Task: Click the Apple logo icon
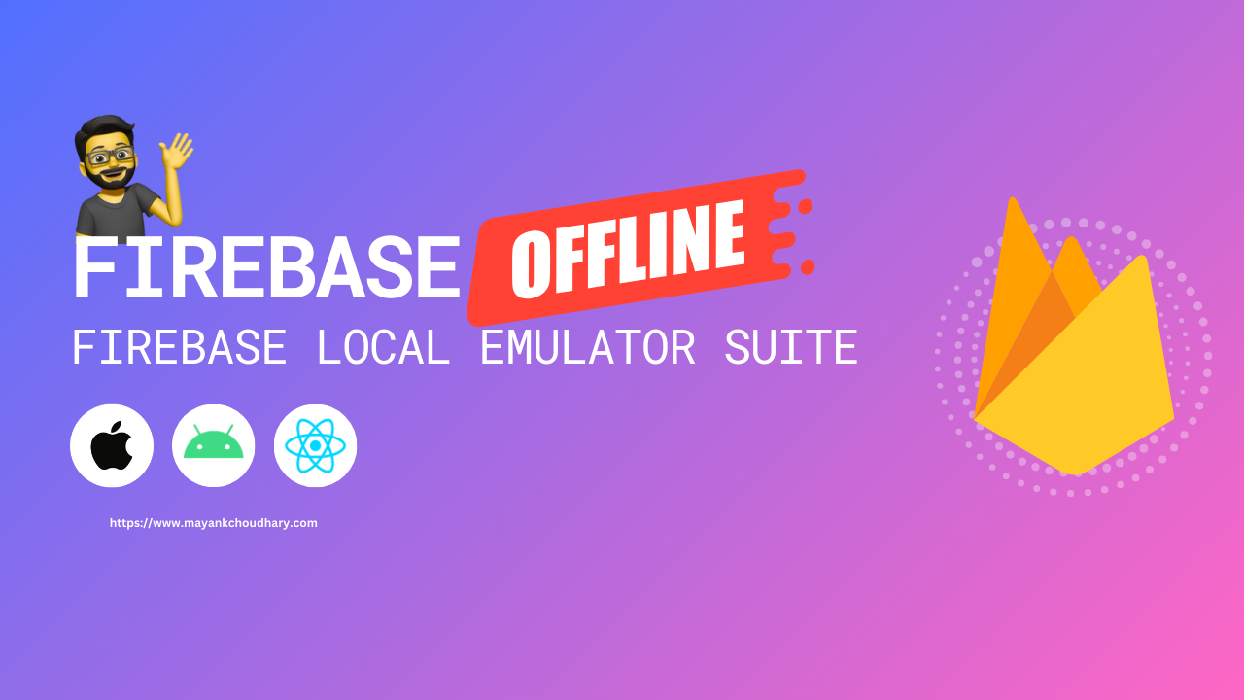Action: point(112,445)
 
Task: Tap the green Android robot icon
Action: point(214,445)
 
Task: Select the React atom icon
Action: point(315,445)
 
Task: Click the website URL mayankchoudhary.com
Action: point(214,523)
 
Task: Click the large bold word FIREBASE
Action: point(265,269)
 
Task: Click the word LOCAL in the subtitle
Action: point(383,347)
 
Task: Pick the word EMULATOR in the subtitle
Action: point(588,347)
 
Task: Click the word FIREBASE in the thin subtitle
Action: point(179,347)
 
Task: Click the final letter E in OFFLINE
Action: point(728,236)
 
